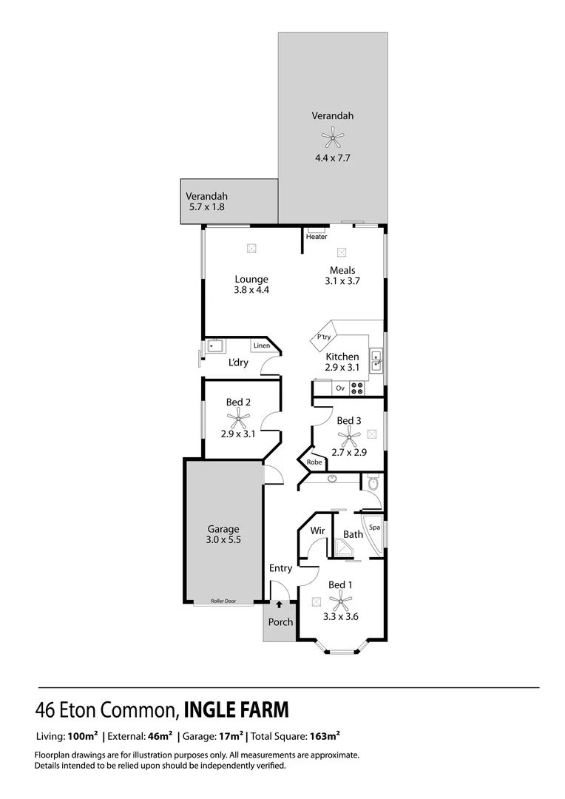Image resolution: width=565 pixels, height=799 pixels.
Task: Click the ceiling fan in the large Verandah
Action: coord(333,135)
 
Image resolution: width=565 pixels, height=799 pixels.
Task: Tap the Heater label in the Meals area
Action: coord(317,237)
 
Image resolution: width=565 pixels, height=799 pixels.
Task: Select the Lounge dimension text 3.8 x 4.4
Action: coord(251,290)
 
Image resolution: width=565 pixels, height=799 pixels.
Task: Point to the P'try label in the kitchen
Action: coord(323,337)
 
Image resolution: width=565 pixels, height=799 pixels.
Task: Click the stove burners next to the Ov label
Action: coord(357,387)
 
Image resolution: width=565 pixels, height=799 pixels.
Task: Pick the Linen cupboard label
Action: coord(261,345)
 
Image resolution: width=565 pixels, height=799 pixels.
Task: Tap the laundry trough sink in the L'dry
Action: coord(215,345)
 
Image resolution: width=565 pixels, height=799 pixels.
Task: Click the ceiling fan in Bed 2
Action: coord(237,419)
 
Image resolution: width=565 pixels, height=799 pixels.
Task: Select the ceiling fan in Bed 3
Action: coord(348,438)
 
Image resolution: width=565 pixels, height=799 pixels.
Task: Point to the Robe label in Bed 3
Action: coord(314,462)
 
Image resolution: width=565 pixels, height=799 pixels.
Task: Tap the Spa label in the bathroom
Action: coord(374,527)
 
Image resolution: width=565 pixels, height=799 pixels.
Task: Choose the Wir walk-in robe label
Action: coord(317,531)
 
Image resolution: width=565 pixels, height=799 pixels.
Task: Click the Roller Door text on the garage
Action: coord(223,601)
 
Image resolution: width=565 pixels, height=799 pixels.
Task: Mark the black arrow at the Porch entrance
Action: coord(280,604)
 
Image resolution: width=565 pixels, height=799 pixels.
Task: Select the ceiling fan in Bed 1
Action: coord(340,600)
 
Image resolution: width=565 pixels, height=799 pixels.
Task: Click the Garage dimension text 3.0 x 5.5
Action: coord(223,540)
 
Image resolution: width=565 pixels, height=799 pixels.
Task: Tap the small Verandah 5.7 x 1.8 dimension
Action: coord(207,207)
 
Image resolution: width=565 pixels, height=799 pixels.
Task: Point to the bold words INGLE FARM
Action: coord(236,710)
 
